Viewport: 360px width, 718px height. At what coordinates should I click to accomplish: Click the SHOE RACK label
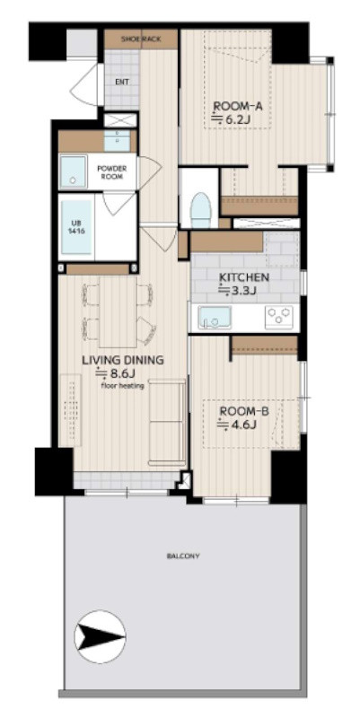coord(141,39)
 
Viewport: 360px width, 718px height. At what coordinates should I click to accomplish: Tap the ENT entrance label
coord(122,83)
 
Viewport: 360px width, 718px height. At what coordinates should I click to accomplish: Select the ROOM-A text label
coord(238,107)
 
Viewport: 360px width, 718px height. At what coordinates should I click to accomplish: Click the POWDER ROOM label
coord(111,172)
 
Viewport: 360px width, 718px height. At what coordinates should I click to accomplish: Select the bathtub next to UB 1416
coord(76,227)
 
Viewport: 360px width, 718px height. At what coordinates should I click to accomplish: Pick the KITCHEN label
coord(243,277)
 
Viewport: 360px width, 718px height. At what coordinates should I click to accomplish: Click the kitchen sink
coord(215,318)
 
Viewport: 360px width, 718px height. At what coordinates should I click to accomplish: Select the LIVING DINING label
coord(123,361)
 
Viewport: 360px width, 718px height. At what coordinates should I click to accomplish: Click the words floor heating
coord(123,386)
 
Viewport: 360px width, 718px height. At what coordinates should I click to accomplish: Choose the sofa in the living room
coord(168,422)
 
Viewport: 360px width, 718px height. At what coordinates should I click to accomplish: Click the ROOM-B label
coord(244,412)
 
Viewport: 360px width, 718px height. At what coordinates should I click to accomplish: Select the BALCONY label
coord(183,556)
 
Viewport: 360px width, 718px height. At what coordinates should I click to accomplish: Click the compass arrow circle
coord(100,637)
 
